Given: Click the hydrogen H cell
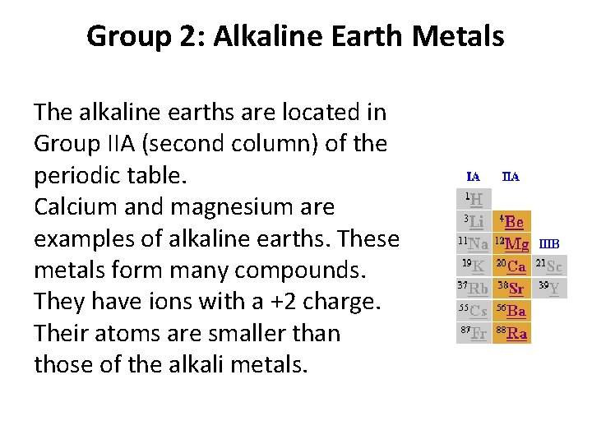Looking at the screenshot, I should tap(474, 199).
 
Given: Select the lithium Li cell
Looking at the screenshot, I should tap(474, 221).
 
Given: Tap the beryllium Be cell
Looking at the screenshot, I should tap(511, 221).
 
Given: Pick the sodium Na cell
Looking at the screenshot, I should tap(474, 243).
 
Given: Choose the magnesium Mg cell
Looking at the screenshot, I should tap(511, 243).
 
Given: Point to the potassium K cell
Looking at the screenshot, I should tap(474, 266).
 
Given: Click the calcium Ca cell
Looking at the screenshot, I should tap(511, 266).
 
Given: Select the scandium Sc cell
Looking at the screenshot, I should tap(549, 266).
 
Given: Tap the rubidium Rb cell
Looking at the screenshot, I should tap(474, 288).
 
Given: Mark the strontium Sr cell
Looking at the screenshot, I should tap(511, 288).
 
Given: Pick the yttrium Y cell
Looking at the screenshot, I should tap(549, 288).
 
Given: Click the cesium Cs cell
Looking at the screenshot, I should tap(474, 310).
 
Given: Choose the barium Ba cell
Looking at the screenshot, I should tap(511, 310).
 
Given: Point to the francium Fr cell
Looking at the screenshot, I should tap(474, 332).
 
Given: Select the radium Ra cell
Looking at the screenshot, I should tap(511, 332).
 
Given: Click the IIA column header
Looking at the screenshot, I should tap(511, 177).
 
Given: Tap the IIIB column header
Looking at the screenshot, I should tap(549, 243).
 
